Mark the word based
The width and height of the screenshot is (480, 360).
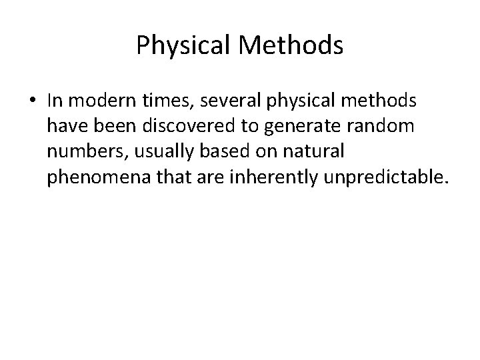coord(214,151)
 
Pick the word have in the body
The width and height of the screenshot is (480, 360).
coord(65,126)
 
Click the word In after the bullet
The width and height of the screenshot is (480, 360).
coord(55,101)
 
